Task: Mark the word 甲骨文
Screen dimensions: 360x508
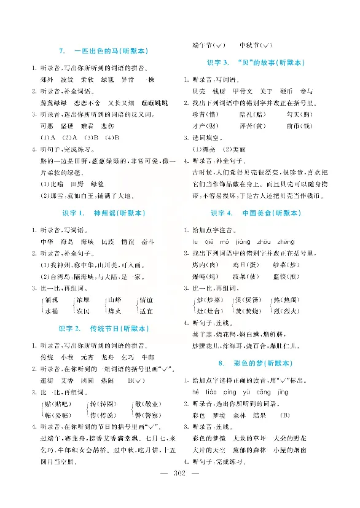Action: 237,91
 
